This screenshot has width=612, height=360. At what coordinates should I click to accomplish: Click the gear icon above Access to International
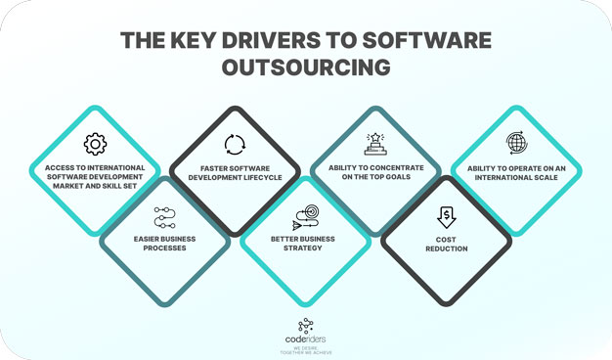(95, 145)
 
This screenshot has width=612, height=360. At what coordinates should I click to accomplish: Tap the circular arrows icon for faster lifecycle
(235, 146)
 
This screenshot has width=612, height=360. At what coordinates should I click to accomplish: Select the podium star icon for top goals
(375, 144)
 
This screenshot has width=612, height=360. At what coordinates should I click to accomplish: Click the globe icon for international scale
(516, 144)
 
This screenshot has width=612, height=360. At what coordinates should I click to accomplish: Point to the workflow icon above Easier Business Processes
(164, 217)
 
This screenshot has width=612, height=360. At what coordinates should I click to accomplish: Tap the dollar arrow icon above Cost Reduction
(446, 216)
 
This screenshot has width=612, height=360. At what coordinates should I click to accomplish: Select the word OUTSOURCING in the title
(306, 67)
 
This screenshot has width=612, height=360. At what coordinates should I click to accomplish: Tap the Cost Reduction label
(446, 244)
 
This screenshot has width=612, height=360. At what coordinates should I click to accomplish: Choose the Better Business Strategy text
(306, 243)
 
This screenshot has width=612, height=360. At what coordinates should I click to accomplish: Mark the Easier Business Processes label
(164, 243)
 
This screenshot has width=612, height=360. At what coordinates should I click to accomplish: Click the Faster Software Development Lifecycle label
(235, 172)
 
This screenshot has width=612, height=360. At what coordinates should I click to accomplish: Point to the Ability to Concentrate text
(375, 172)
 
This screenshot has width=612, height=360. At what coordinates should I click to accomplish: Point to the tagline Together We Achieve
(306, 352)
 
